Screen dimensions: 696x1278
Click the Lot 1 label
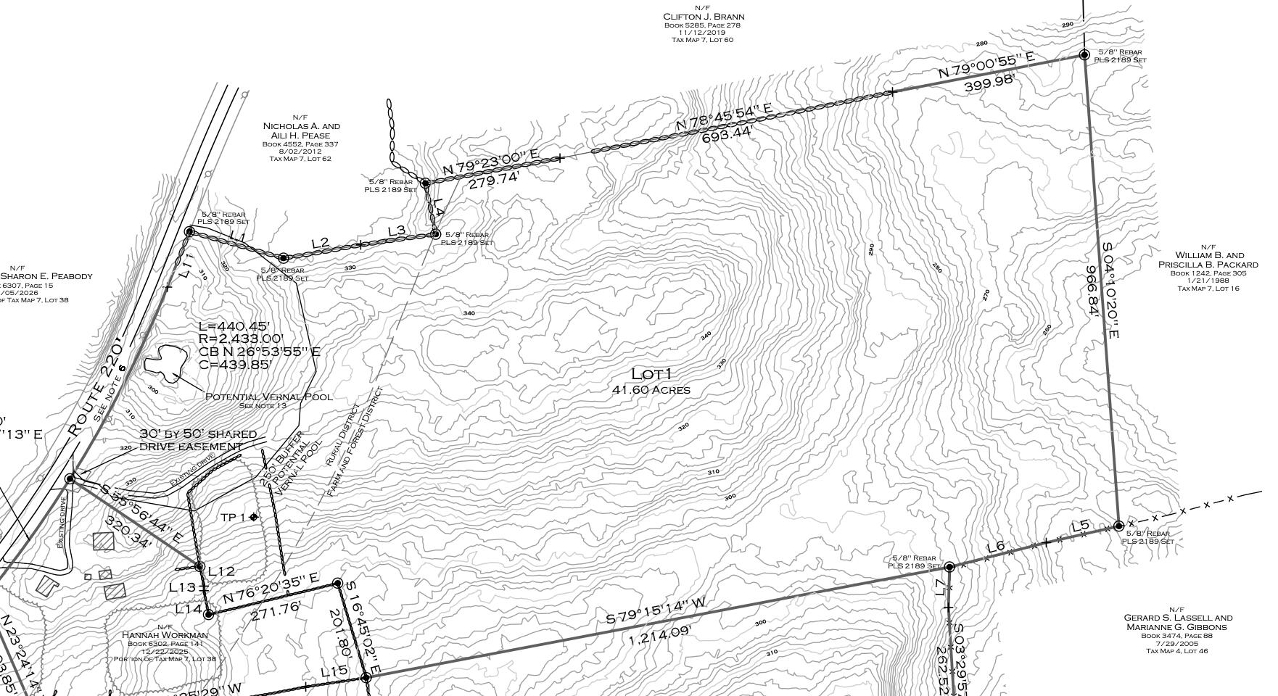(x=652, y=374)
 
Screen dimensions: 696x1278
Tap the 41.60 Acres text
(x=651, y=390)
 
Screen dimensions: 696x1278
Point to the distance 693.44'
(x=727, y=134)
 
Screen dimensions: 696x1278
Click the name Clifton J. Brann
(x=703, y=17)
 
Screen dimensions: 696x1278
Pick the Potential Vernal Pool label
(x=269, y=397)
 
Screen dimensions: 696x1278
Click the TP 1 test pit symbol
(x=253, y=517)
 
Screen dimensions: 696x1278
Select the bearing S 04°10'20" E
(x=1110, y=290)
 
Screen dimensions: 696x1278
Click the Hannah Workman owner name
(x=165, y=635)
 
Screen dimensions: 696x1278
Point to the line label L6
(x=995, y=547)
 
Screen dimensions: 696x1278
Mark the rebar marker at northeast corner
(x=1084, y=54)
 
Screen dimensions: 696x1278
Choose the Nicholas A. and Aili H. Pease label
(x=301, y=130)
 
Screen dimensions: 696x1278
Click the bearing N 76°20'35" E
(x=271, y=589)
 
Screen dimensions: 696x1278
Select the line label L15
(x=334, y=671)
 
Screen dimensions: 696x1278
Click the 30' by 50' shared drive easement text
(x=198, y=440)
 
